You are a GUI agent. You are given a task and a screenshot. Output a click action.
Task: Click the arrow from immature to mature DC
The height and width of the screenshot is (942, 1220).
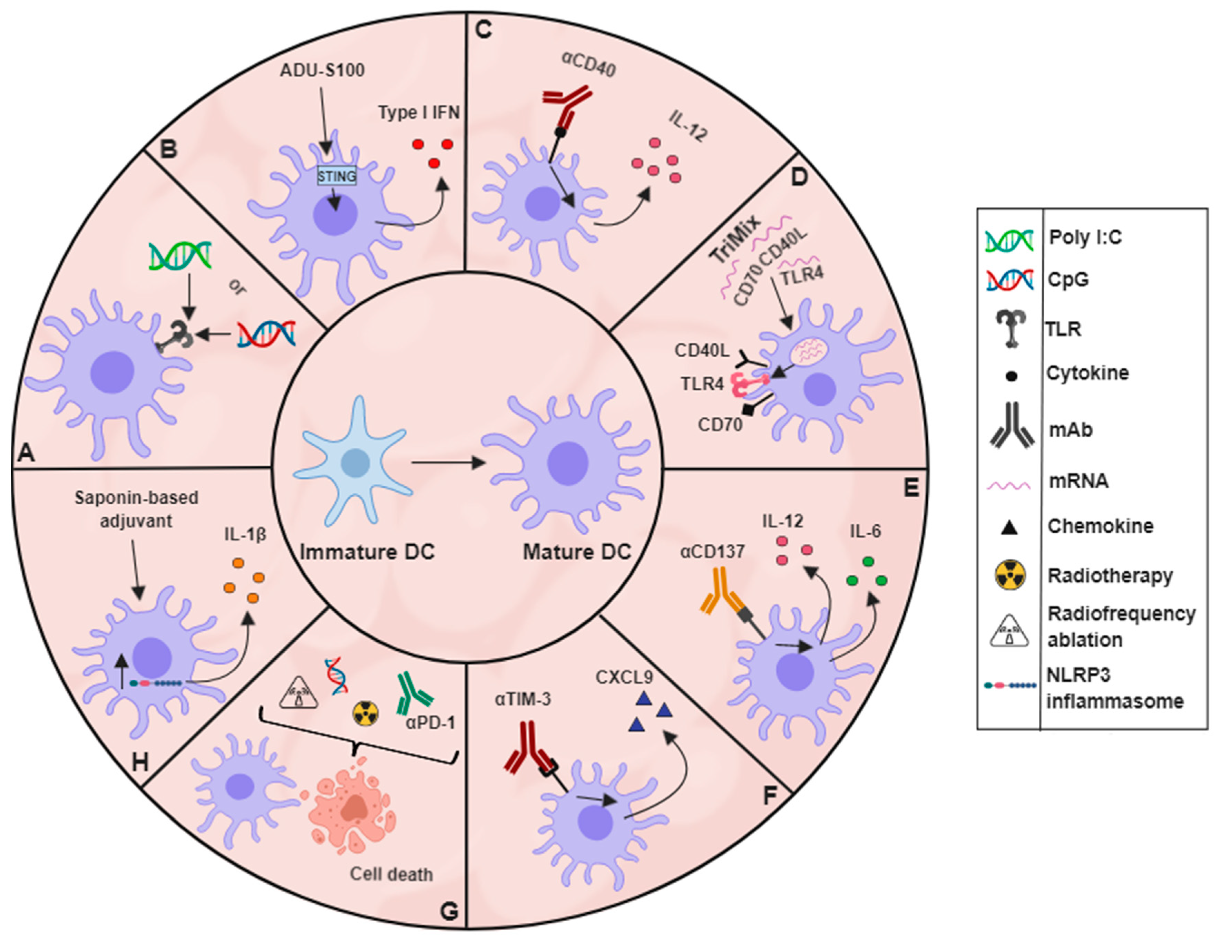click(447, 463)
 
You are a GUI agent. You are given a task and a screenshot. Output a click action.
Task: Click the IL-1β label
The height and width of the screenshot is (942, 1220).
click(245, 535)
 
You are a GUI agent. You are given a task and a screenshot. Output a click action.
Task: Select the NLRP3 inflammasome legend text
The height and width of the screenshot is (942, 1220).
click(1114, 688)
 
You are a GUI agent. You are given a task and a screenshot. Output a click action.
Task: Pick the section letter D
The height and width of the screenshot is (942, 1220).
click(799, 178)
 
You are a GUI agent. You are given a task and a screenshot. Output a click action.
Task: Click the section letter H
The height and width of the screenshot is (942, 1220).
click(139, 761)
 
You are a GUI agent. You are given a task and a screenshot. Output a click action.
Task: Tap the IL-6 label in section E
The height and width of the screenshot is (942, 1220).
click(865, 531)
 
